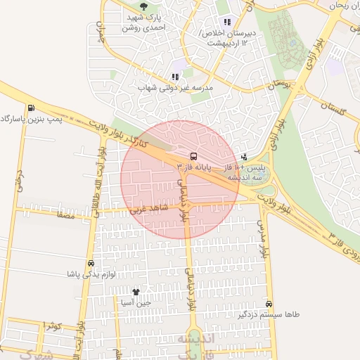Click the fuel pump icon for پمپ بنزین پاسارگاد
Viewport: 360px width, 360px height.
pyautogui.click(x=31, y=108)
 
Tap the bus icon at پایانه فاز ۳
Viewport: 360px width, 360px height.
pyautogui.click(x=193, y=156)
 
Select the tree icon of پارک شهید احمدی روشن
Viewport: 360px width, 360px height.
pyautogui.click(x=144, y=6)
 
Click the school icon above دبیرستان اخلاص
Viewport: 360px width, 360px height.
pyautogui.click(x=226, y=22)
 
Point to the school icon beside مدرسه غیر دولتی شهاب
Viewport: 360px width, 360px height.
pyautogui.click(x=175, y=77)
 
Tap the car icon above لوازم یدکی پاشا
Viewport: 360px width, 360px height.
pyautogui.click(x=91, y=264)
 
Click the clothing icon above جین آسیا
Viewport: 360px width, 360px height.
pyautogui.click(x=136, y=291)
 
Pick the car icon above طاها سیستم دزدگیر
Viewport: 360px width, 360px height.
pyautogui.click(x=269, y=304)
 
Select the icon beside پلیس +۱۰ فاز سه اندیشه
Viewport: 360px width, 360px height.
pyautogui.click(x=244, y=157)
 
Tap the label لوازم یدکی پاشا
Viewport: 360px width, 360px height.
pyautogui.click(x=90, y=274)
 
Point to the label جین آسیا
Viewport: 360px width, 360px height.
pyautogui.click(x=136, y=302)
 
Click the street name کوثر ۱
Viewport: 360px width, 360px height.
pyautogui.click(x=53, y=326)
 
